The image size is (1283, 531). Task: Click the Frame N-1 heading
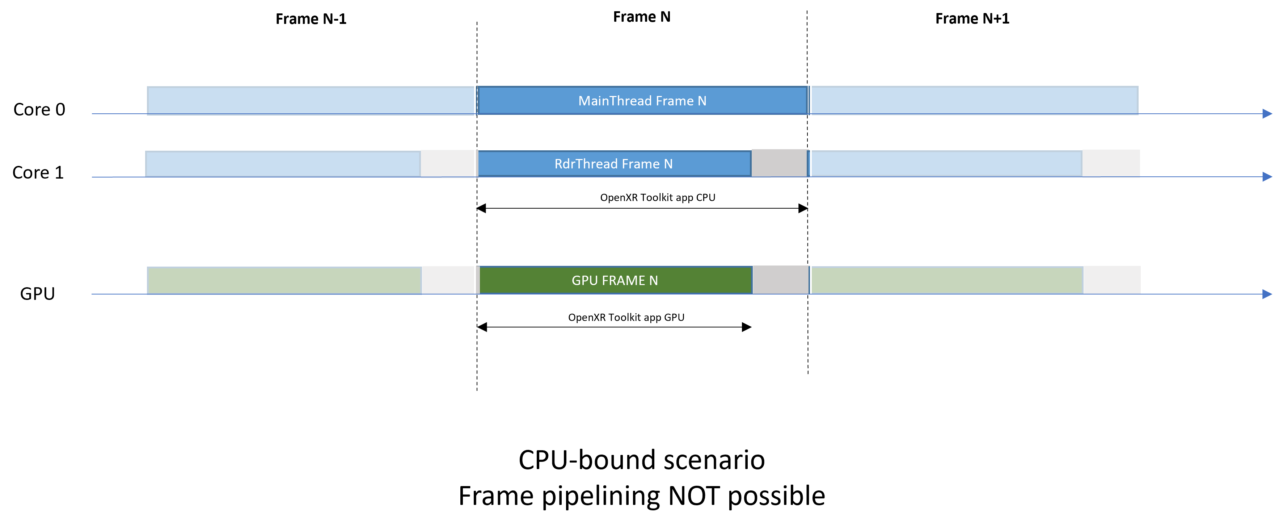[x=311, y=19]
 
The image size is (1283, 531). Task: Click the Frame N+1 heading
[x=972, y=19]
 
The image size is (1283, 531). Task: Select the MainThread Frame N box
[x=642, y=101]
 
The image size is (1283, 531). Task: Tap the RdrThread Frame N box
[x=613, y=164]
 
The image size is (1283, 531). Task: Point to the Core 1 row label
[x=38, y=172]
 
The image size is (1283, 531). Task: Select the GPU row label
[x=37, y=294]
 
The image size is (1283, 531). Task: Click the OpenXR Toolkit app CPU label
[x=658, y=197]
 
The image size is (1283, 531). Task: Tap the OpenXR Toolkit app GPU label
[x=626, y=318]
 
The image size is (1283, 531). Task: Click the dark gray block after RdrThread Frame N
[x=779, y=163]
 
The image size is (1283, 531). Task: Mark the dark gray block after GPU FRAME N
[x=780, y=280]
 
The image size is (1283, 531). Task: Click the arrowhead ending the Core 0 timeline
[x=1267, y=114]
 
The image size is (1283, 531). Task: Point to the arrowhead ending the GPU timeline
[x=1267, y=294]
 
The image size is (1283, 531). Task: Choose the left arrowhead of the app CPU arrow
[x=481, y=208]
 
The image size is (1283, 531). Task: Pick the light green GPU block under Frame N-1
[x=284, y=280]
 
